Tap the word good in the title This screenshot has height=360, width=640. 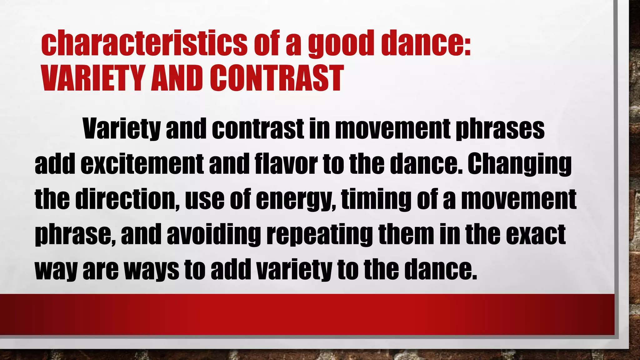(342, 44)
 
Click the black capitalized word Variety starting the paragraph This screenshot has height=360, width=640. (122, 129)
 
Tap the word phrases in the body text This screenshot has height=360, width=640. (500, 129)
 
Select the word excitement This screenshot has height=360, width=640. (142, 164)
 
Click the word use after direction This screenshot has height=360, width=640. (205, 199)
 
